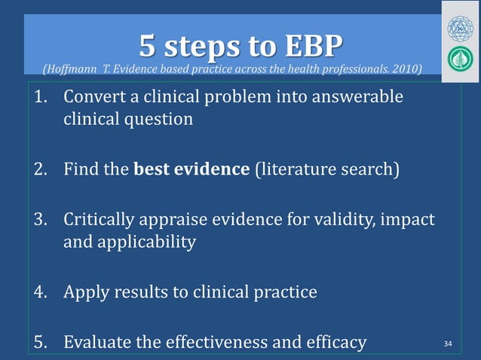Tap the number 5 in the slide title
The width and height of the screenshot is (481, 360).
point(148,47)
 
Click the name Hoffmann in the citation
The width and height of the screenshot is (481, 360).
point(72,70)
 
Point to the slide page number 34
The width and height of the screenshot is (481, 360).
point(449,344)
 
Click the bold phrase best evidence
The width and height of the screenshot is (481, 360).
point(191,167)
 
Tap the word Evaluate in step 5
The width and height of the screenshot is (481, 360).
point(96,343)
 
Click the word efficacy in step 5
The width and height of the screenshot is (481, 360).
point(336,343)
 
